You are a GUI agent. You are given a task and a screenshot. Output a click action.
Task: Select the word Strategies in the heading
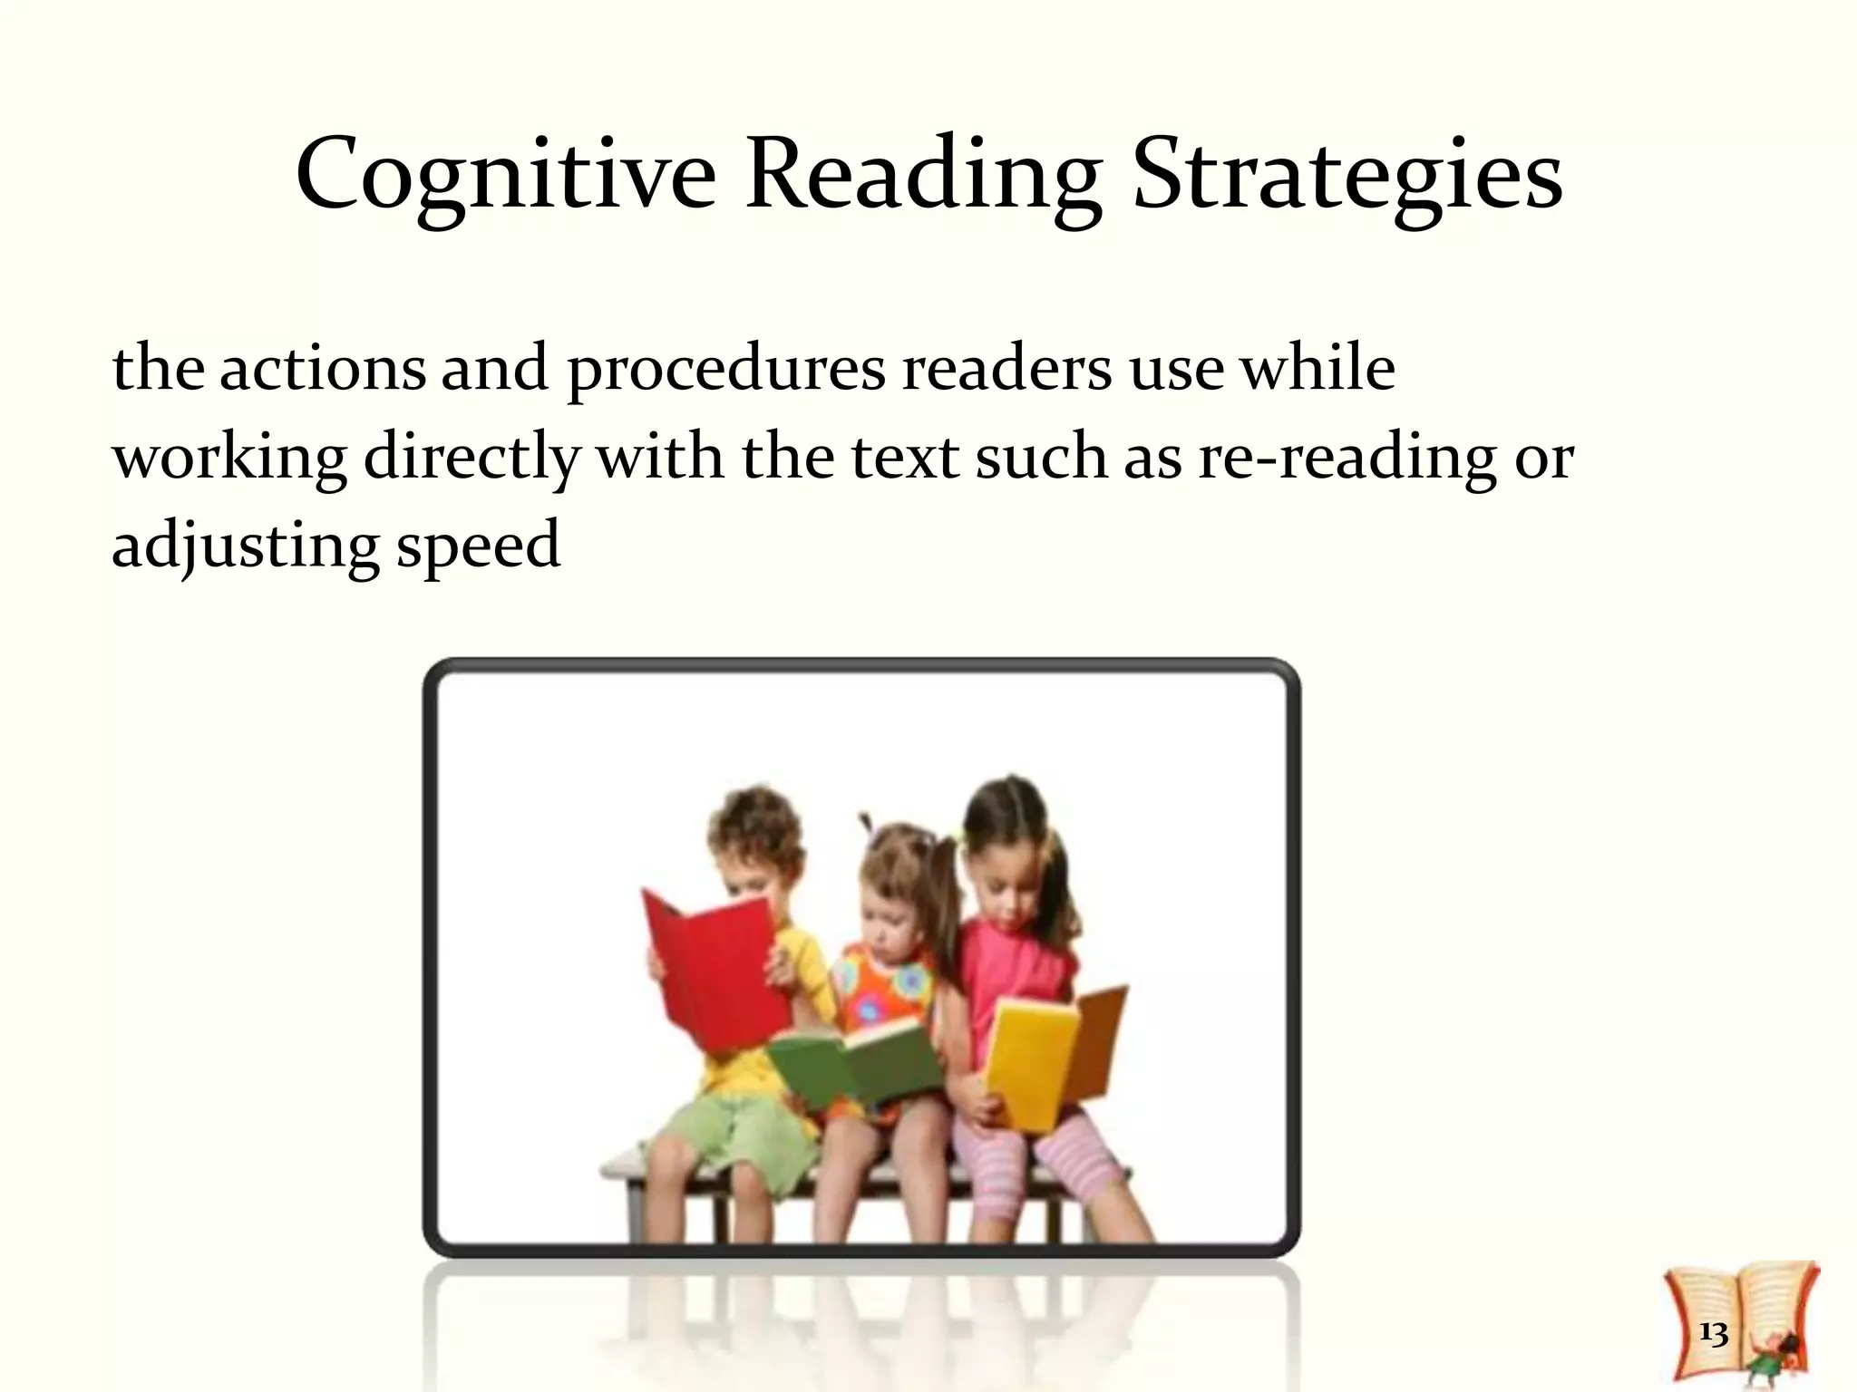1347,174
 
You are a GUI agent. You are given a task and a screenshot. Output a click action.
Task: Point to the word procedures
726,370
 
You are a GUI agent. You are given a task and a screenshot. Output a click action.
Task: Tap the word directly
471,457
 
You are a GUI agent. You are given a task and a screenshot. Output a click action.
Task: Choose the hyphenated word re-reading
1347,457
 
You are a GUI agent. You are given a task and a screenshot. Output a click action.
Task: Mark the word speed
479,547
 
